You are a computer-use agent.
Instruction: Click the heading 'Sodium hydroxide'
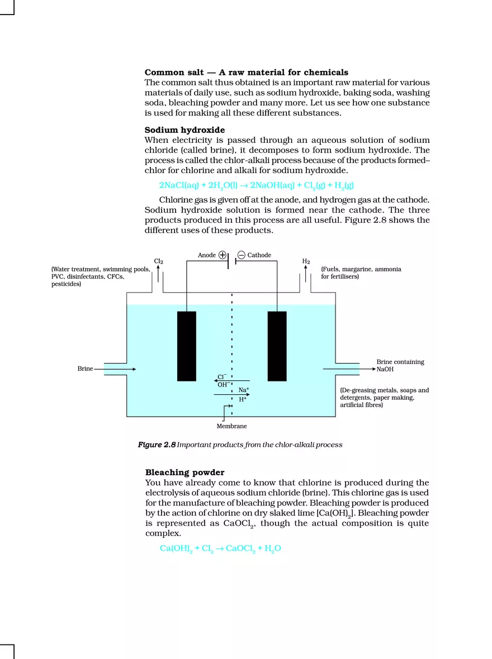coord(184,130)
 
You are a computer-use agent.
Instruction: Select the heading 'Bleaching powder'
coord(184,472)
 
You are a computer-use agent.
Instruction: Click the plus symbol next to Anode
coord(222,255)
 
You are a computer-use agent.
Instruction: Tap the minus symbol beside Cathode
coord(241,255)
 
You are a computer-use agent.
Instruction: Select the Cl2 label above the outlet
coord(158,261)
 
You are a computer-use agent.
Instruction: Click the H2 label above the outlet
coord(306,261)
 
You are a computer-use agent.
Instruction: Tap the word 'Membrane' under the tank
coord(231,426)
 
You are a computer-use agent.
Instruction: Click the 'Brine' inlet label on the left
coord(85,369)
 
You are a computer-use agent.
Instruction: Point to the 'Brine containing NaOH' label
coord(400,365)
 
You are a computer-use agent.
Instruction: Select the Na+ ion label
coord(244,390)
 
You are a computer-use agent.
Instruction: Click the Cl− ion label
coord(222,377)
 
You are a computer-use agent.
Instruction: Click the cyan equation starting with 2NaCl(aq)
coord(256,185)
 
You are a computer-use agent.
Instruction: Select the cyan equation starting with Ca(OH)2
coord(220,548)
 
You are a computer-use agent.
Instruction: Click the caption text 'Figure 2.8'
coord(157,445)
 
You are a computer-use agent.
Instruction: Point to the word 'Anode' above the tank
coord(206,255)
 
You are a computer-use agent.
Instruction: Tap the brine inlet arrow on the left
coord(115,369)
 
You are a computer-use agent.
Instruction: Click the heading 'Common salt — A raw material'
coord(246,73)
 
